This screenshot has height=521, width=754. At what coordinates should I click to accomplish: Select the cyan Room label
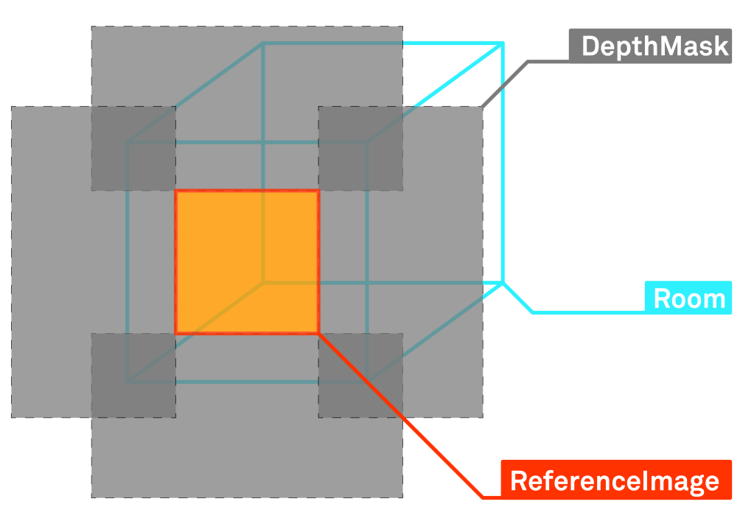688,298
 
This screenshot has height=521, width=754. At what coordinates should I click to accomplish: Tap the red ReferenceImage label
615,480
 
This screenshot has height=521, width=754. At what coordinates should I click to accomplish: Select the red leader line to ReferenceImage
398,413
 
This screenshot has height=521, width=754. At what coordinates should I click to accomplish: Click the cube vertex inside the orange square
263,282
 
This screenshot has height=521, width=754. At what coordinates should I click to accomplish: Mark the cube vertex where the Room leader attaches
503,282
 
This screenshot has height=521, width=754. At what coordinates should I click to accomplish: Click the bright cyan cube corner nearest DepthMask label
503,44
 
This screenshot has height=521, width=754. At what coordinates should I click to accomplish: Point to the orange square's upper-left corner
175,192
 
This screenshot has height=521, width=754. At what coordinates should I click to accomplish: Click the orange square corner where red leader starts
318,333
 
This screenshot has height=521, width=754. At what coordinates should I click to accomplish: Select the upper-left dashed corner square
133,148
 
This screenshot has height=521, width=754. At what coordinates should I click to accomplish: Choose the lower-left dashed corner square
133,375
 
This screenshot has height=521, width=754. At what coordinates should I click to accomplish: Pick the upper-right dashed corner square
360,148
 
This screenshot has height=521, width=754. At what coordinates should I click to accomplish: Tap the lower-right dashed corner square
360,375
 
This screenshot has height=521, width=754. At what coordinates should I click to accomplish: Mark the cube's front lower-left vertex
128,382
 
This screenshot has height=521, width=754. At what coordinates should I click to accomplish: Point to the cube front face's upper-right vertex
367,142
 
